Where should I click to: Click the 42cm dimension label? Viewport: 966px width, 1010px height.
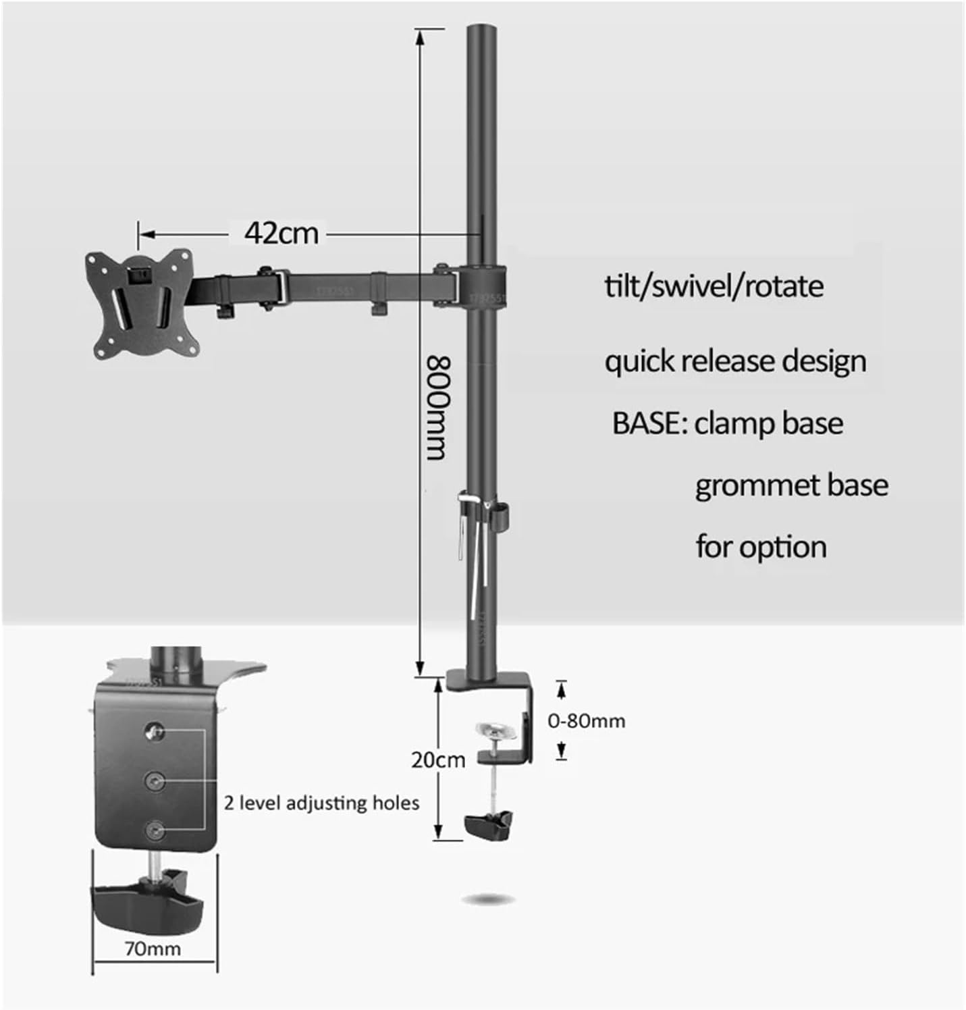[281, 233]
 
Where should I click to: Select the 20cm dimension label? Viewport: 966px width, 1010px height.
[438, 760]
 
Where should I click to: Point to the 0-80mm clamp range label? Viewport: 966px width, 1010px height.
[586, 721]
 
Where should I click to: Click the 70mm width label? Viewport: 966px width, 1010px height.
[153, 949]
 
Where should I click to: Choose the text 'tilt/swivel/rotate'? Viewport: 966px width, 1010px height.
[714, 286]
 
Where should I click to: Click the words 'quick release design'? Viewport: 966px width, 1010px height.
[735, 361]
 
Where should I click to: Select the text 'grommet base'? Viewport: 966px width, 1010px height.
[791, 485]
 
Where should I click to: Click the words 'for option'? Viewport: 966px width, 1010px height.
[761, 546]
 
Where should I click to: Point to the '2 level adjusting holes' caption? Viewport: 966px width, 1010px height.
[321, 803]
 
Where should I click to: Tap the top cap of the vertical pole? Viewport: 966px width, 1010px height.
[481, 30]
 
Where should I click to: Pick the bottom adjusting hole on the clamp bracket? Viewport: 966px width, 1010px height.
[156, 829]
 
